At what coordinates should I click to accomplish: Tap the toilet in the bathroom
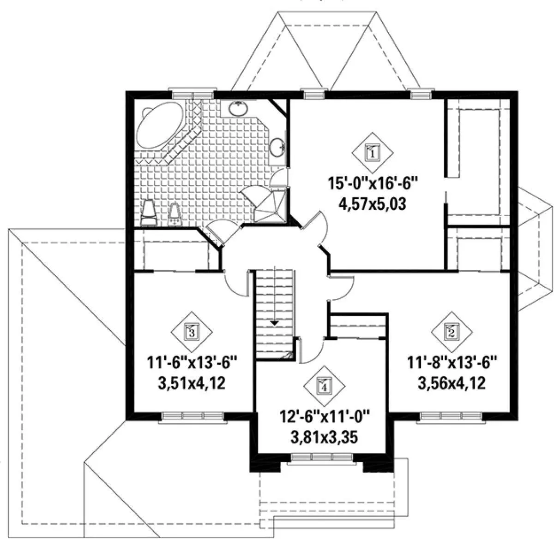point(149,213)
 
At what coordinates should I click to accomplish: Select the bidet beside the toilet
point(175,215)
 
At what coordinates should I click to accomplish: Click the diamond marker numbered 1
point(372,153)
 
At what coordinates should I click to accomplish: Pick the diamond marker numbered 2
point(452,332)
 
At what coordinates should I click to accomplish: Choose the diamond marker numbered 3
point(192,332)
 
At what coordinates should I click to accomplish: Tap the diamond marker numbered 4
point(324,386)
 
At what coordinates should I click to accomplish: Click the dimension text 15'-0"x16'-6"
point(373,184)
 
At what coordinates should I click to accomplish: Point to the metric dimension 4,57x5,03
point(373,204)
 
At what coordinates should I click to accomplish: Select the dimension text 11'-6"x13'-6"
point(192,363)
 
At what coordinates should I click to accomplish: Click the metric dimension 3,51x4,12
point(192,384)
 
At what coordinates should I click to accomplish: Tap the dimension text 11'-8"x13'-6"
point(452,363)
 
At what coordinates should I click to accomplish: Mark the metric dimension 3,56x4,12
point(452,384)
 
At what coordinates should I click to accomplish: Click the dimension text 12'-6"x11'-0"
point(324,417)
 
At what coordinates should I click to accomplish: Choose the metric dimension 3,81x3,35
point(324,438)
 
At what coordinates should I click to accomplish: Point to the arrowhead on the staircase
point(274,323)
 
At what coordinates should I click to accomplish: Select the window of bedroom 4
point(322,457)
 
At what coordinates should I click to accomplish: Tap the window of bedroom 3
point(193,416)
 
